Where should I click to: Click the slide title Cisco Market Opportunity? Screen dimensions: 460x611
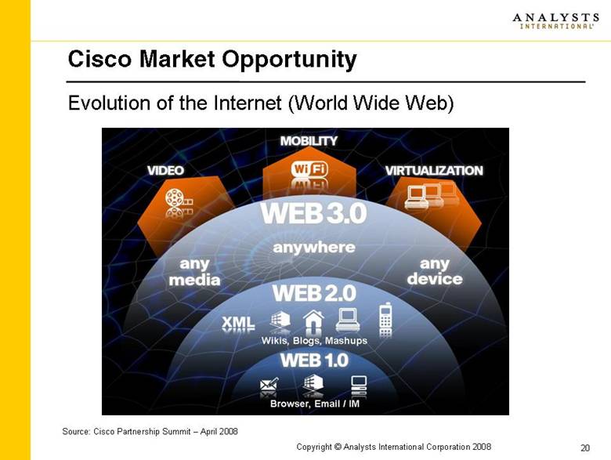pos(212,59)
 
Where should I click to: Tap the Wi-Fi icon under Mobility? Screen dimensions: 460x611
pos(309,169)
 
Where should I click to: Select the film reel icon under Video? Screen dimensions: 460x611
pos(177,201)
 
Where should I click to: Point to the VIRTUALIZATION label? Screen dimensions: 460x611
pos(433,170)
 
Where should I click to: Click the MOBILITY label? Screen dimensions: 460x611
pos(309,141)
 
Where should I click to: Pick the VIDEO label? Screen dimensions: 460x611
pos(165,170)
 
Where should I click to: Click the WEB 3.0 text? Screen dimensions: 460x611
pos(313,213)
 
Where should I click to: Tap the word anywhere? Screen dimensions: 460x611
pos(313,247)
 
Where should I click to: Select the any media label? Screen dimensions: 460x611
pos(194,271)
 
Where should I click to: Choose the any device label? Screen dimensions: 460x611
pos(435,271)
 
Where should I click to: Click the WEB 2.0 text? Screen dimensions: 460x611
pos(313,294)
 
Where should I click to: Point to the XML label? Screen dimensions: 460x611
pos(238,321)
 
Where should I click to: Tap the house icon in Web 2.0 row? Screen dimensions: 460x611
pos(313,319)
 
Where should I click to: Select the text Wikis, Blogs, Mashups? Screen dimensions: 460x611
pos(313,341)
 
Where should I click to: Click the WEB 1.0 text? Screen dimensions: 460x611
pos(313,360)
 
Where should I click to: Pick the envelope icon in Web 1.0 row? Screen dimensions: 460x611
pos(269,385)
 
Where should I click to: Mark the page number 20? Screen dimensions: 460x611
pos(584,447)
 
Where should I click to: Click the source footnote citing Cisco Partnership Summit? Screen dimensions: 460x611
pos(150,431)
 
